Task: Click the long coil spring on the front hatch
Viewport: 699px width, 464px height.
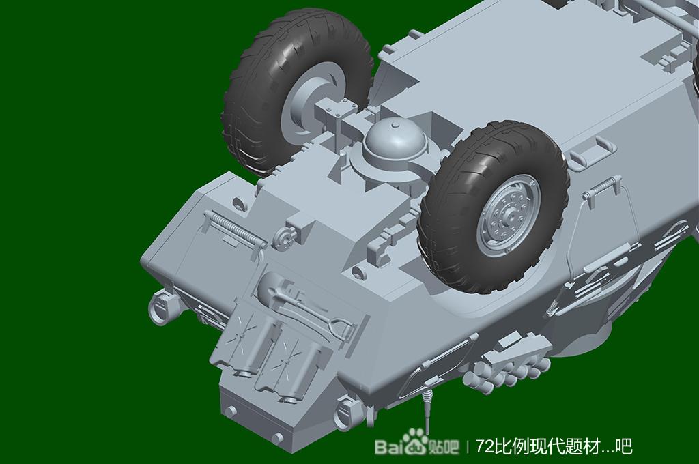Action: coord(236,229)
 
